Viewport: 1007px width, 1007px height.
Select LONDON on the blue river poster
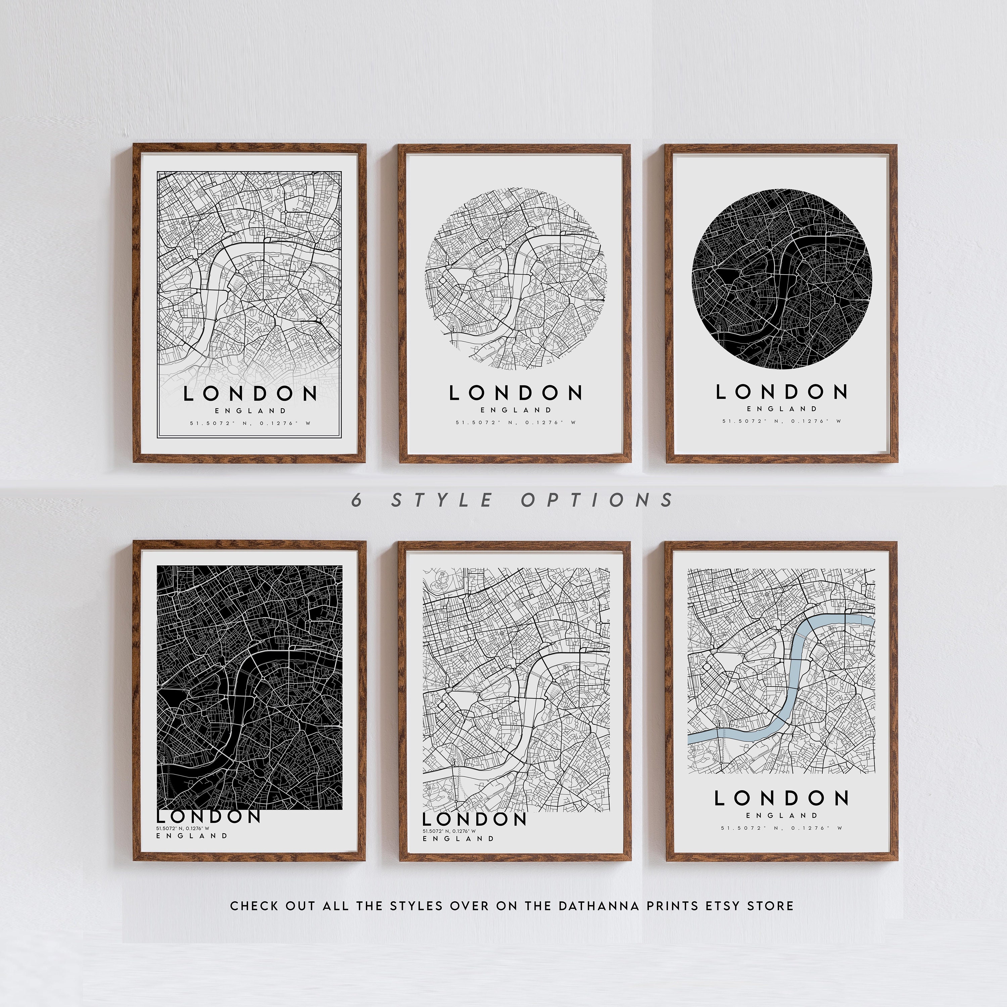(x=781, y=798)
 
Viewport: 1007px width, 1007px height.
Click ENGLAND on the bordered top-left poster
(x=250, y=411)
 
